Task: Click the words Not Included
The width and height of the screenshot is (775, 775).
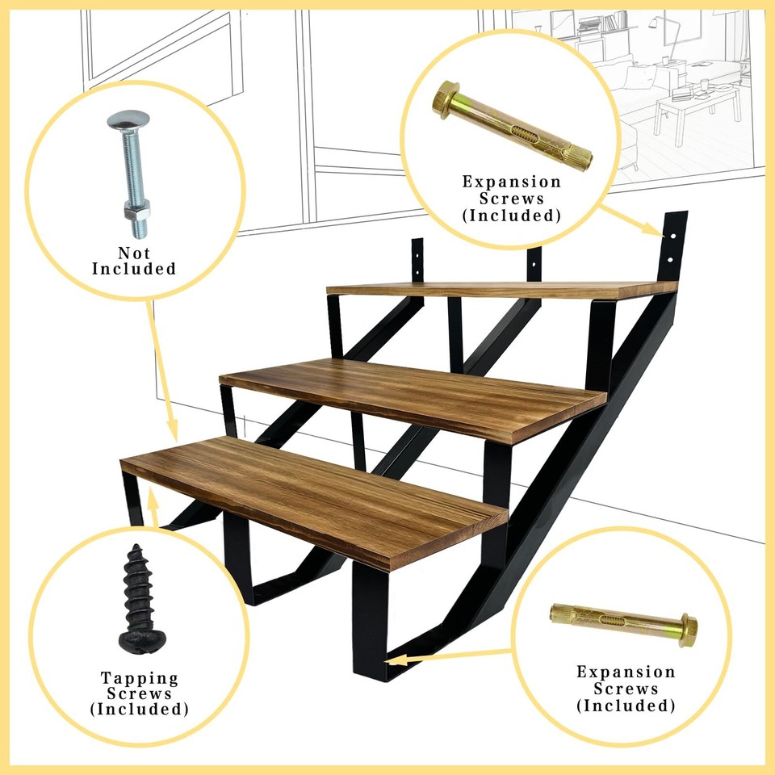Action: [134, 260]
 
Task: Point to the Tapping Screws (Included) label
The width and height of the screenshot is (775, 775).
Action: [139, 693]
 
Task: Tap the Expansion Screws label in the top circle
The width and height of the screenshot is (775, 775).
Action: [511, 199]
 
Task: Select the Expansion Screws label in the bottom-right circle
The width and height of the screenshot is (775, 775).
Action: [626, 689]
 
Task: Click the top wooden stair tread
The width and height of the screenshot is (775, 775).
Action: [501, 289]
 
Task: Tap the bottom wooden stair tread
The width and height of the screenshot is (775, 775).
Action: [315, 494]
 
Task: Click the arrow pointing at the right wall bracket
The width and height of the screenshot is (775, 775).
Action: [635, 221]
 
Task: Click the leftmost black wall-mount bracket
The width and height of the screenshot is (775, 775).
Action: [417, 259]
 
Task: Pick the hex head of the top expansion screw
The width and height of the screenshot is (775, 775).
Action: [446, 100]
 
